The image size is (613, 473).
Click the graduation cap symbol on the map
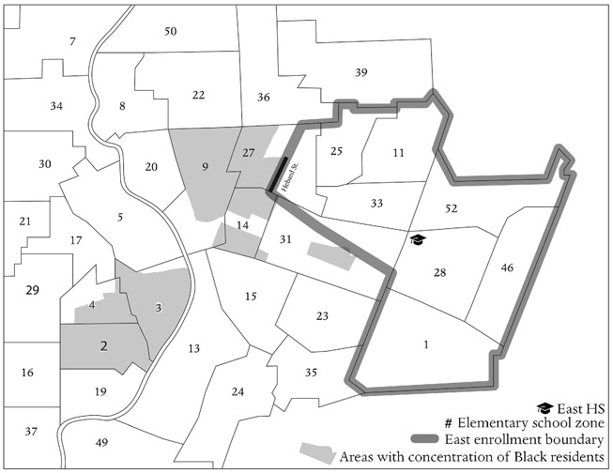click(x=418, y=240)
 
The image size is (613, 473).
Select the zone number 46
click(x=507, y=268)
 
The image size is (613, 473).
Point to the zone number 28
click(x=439, y=272)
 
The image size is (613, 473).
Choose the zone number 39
click(x=361, y=73)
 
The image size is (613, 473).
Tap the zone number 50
click(x=170, y=32)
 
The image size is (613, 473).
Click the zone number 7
click(x=72, y=41)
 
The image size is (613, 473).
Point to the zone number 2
click(x=104, y=345)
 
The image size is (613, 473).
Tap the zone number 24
click(x=238, y=391)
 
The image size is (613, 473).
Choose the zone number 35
click(x=312, y=373)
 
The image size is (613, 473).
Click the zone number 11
click(x=399, y=152)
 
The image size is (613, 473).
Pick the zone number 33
click(x=376, y=203)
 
